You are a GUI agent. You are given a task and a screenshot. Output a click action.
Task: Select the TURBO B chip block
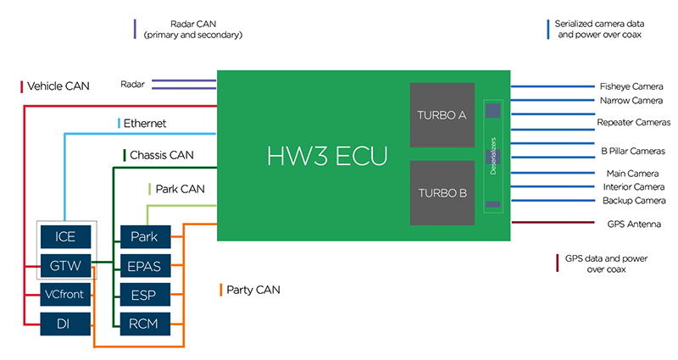tap(442, 192)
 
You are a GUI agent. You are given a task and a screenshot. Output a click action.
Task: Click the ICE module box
tap(65, 236)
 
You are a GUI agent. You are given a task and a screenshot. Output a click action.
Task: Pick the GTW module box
tap(65, 265)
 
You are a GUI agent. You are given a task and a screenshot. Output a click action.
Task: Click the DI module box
tap(65, 323)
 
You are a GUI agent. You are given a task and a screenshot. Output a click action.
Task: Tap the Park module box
tap(145, 236)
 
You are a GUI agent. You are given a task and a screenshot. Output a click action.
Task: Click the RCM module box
tap(145, 323)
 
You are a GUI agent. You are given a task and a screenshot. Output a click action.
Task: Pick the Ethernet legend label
tap(145, 124)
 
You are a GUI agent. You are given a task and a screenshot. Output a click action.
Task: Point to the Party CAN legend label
tap(253, 291)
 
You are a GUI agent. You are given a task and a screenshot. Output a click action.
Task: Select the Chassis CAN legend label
tap(161, 156)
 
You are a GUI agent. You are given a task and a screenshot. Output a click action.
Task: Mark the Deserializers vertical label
tap(492, 158)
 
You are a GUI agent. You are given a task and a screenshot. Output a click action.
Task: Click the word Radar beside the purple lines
tap(133, 84)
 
